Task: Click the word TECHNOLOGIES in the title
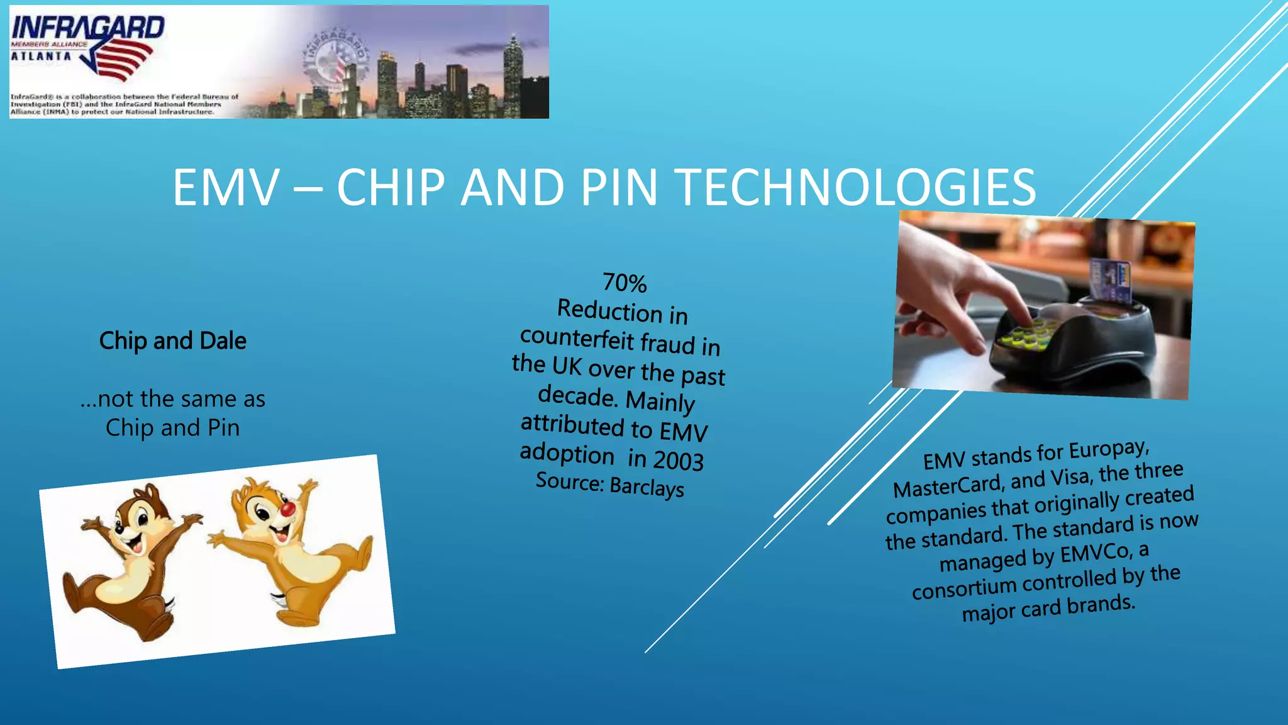(x=855, y=188)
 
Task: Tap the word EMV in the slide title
(x=226, y=188)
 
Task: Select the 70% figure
(x=625, y=283)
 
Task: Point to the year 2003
(x=678, y=460)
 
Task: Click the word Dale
(x=223, y=341)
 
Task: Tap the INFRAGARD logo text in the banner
(x=87, y=28)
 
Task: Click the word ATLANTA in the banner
(x=41, y=56)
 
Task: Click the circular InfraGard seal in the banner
(x=336, y=60)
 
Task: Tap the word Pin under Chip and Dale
(x=223, y=428)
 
